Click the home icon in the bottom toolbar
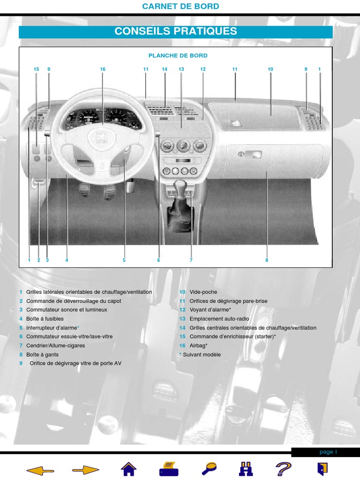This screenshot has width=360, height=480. click(x=128, y=469)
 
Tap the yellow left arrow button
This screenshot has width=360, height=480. click(x=40, y=470)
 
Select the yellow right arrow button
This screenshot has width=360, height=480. click(x=86, y=470)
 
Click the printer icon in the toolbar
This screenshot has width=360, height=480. click(x=169, y=469)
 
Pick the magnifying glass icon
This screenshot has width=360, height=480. click(x=210, y=468)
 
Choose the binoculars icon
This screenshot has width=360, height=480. click(x=246, y=469)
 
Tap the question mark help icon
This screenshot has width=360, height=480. click(x=284, y=469)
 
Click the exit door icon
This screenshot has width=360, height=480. click(x=322, y=469)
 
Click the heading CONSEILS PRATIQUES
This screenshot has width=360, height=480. click(x=176, y=31)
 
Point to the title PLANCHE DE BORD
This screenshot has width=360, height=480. click(x=178, y=56)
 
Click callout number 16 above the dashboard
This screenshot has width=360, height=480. click(x=103, y=69)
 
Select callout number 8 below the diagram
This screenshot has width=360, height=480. click(x=267, y=260)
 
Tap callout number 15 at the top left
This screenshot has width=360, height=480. click(x=36, y=69)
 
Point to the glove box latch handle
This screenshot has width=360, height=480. click(x=253, y=155)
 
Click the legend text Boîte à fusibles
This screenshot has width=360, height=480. click(x=45, y=319)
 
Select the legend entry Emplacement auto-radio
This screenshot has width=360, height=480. click(x=219, y=319)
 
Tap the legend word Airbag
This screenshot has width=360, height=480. click(x=197, y=345)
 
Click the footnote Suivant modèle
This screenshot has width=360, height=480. click(x=202, y=354)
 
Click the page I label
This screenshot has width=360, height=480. click(x=328, y=452)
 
